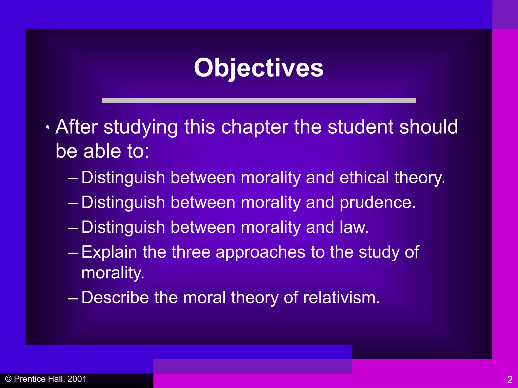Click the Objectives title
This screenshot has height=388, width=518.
tap(258, 68)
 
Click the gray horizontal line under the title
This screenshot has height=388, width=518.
tap(258, 101)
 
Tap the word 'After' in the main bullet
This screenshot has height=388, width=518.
tap(77, 127)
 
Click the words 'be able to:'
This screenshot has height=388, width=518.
tap(102, 151)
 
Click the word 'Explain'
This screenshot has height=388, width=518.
tap(109, 252)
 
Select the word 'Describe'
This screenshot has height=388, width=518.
tap(115, 297)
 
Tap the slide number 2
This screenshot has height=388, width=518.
tap(510, 380)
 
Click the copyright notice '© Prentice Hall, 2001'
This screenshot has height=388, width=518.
tap(46, 379)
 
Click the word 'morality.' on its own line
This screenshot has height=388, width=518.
tap(113, 273)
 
